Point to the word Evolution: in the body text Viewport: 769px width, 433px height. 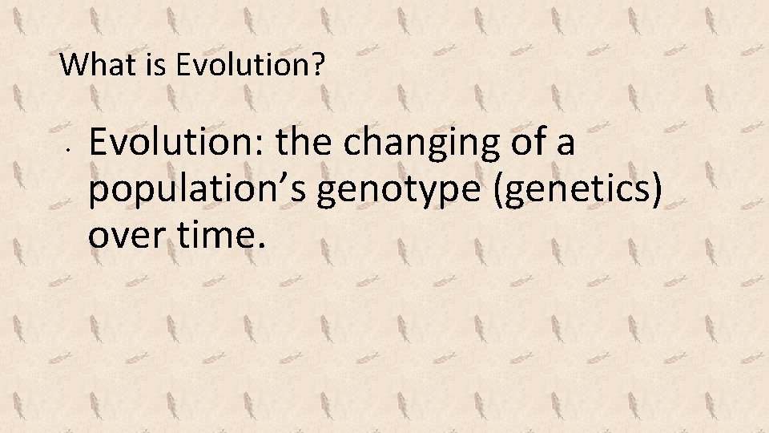click(178, 144)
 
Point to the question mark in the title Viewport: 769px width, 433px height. click(320, 65)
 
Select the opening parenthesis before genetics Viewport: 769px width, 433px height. click(501, 192)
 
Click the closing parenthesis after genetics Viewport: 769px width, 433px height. click(658, 192)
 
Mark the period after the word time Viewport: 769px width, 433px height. click(261, 245)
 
